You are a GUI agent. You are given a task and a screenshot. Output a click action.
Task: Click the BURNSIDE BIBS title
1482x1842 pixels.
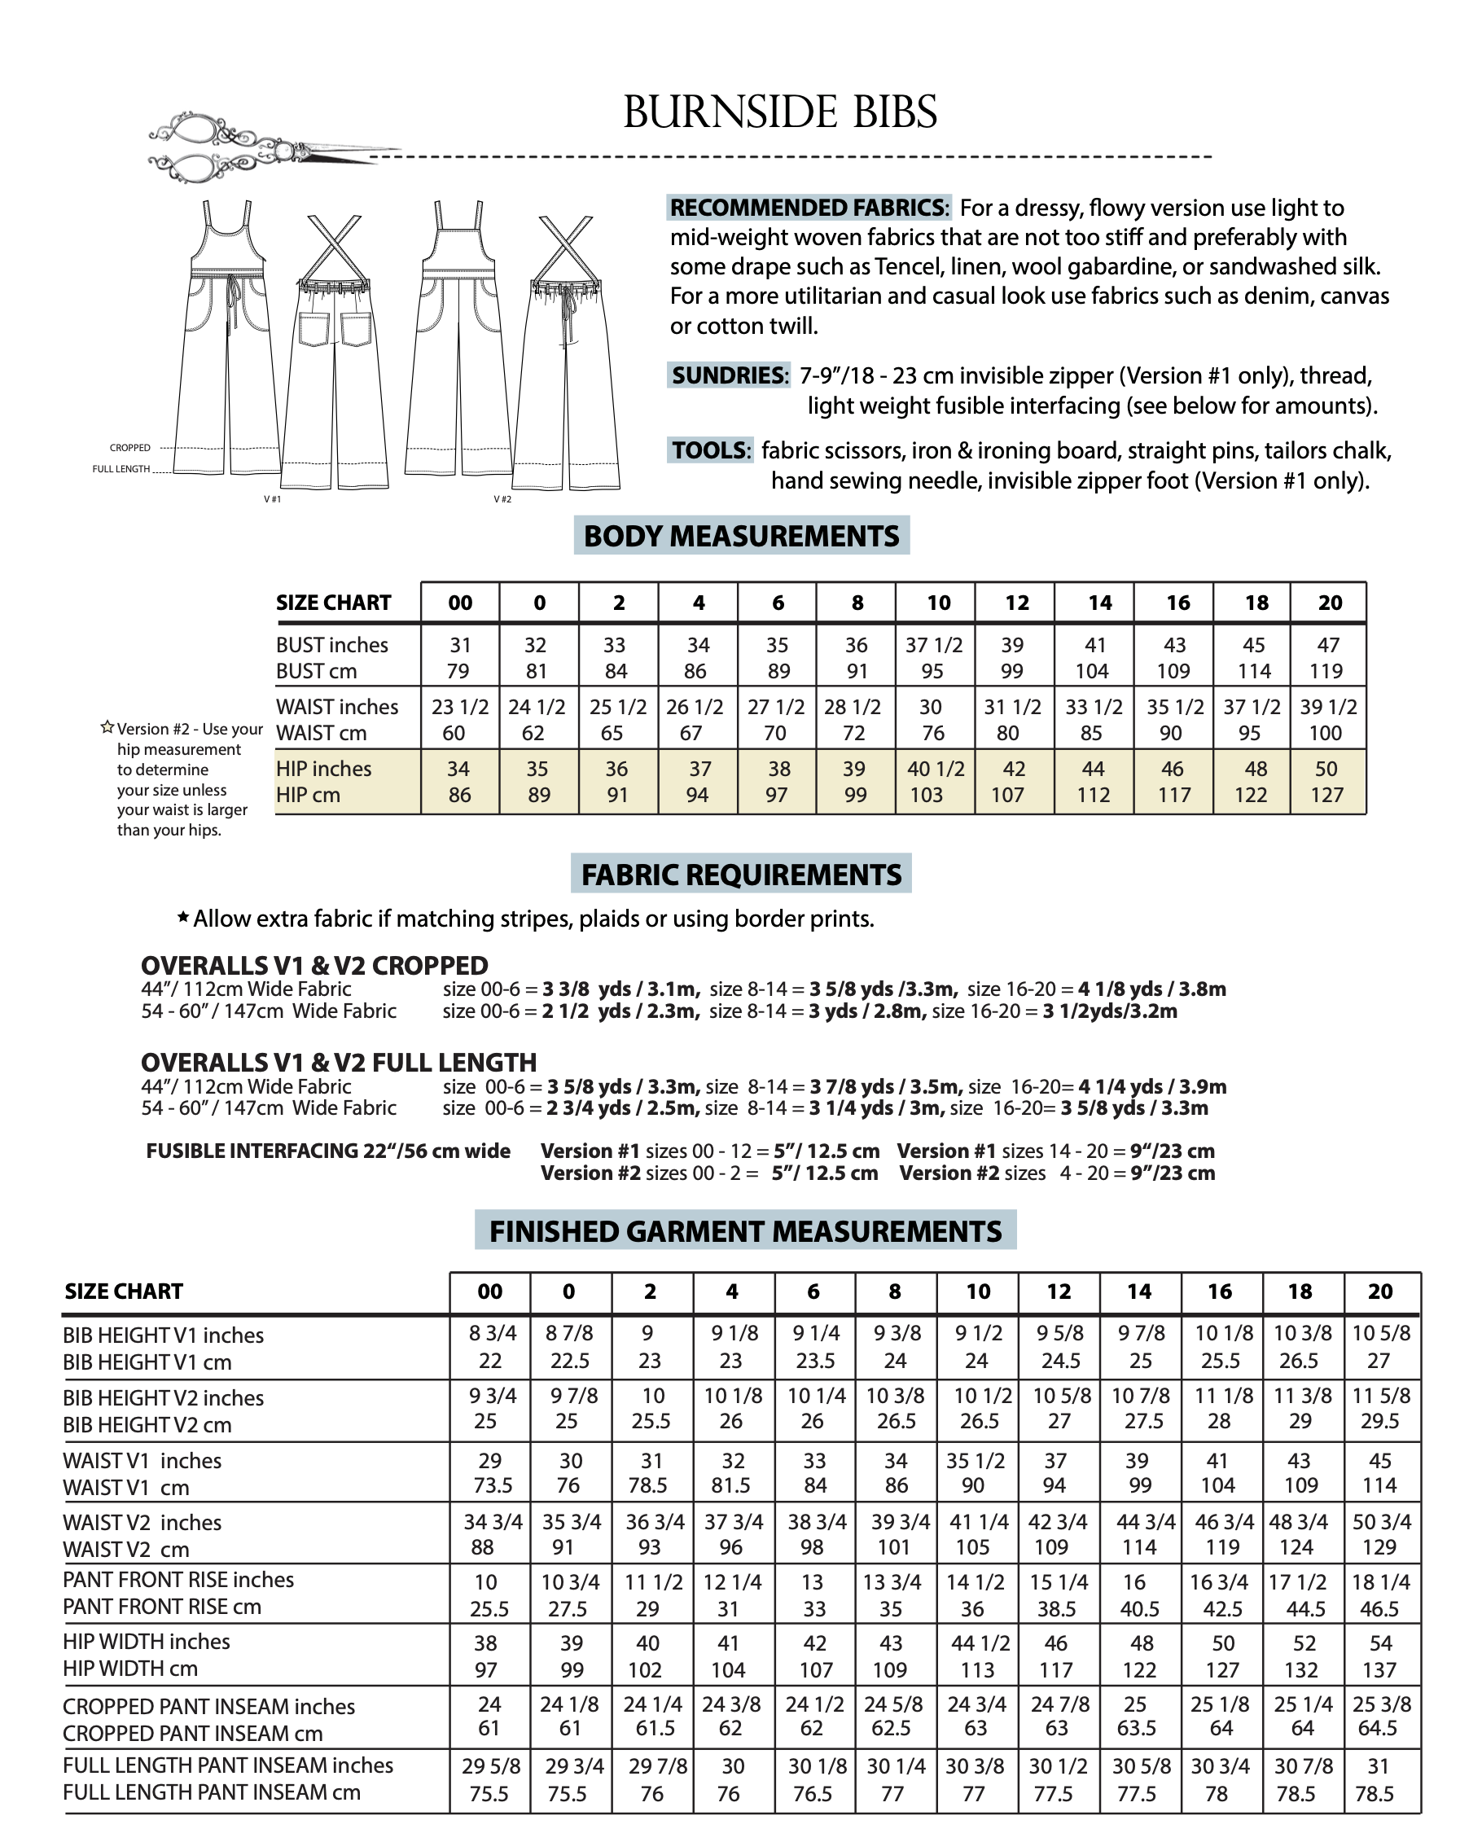pyautogui.click(x=780, y=112)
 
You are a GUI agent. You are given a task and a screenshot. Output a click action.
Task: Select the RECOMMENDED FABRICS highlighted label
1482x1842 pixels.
pyautogui.click(x=808, y=208)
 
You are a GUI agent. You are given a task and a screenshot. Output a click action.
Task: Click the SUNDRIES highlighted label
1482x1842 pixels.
pyautogui.click(x=729, y=375)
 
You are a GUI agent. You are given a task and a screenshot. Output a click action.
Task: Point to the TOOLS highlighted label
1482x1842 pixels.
pyautogui.click(x=710, y=450)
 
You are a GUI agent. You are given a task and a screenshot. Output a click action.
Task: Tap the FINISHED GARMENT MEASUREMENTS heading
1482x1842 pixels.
pyautogui.click(x=745, y=1231)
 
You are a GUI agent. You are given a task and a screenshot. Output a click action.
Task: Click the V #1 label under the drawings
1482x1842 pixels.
pyautogui.click(x=273, y=499)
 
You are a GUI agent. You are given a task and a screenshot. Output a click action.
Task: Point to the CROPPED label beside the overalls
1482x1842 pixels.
pyautogui.click(x=129, y=448)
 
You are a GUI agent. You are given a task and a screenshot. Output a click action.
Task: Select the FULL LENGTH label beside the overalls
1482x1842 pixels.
pyautogui.click(x=121, y=469)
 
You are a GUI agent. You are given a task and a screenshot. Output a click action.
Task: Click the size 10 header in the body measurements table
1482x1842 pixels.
pyautogui.click(x=938, y=603)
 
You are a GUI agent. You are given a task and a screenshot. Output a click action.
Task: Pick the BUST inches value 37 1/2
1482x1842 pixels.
pyautogui.click(x=934, y=645)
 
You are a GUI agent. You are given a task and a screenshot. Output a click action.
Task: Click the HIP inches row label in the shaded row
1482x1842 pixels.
pyautogui.click(x=324, y=769)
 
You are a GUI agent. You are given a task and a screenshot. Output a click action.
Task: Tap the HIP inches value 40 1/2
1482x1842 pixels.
pyautogui.click(x=936, y=769)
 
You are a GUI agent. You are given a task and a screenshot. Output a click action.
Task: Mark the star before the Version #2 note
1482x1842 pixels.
pyautogui.click(x=107, y=728)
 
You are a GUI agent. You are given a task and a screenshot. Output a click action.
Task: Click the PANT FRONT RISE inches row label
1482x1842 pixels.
pyautogui.click(x=178, y=1580)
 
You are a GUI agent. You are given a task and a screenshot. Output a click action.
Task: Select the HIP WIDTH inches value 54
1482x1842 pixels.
pyautogui.click(x=1380, y=1643)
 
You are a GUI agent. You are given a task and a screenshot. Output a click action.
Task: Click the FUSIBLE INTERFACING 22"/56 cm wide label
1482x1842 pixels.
pyautogui.click(x=328, y=1151)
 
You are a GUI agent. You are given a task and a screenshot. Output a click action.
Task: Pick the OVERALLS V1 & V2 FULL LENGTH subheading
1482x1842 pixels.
pyautogui.click(x=338, y=1062)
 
